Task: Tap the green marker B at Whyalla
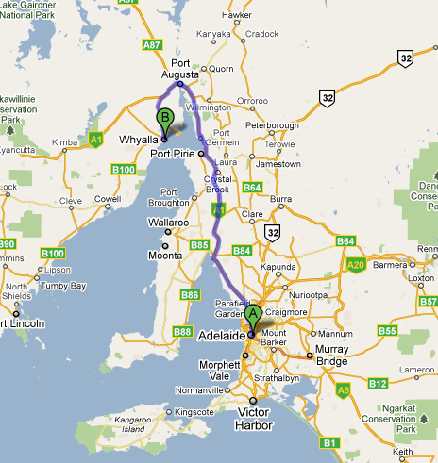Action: coord(165,122)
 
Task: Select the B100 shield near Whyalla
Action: coord(124,170)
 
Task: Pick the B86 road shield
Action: coord(190,295)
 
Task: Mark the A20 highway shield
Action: coord(355,267)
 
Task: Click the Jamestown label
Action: coord(275,164)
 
